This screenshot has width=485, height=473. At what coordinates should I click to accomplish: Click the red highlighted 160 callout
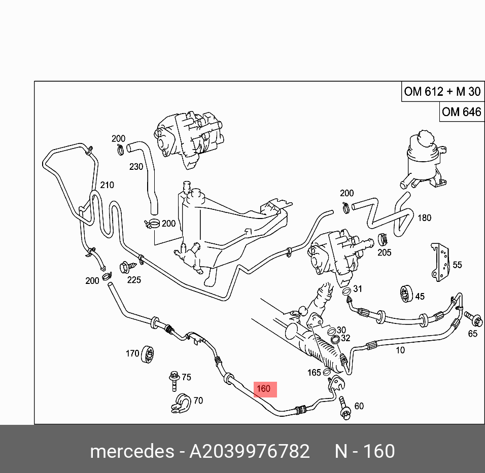(x=264, y=389)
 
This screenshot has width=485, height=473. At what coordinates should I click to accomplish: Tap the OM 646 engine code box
(x=461, y=112)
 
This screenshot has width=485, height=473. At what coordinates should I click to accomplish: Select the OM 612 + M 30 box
(x=441, y=92)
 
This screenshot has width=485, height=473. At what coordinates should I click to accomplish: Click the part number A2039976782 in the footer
(x=249, y=451)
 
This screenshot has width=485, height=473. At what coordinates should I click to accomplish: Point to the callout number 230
(x=136, y=166)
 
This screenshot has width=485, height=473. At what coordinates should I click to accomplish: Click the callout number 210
(x=107, y=185)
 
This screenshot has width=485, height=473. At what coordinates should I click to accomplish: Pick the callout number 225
(x=134, y=280)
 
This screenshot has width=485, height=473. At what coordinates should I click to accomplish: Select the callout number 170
(x=132, y=353)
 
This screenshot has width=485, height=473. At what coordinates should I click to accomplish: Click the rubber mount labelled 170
(x=148, y=354)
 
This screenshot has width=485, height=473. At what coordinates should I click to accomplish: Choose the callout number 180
(x=424, y=218)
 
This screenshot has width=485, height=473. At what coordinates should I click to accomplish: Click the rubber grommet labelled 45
(x=405, y=295)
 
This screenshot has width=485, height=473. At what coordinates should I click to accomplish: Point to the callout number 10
(x=400, y=350)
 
